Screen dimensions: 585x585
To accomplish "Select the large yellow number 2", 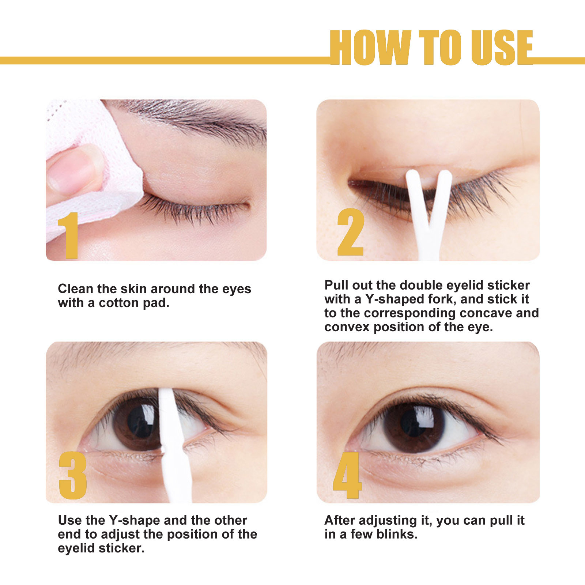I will click(350, 233).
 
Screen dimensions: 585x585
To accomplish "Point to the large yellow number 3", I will click(73, 475).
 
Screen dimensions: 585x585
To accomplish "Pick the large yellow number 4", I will click(347, 475).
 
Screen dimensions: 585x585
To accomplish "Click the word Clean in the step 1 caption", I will click(76, 289).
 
